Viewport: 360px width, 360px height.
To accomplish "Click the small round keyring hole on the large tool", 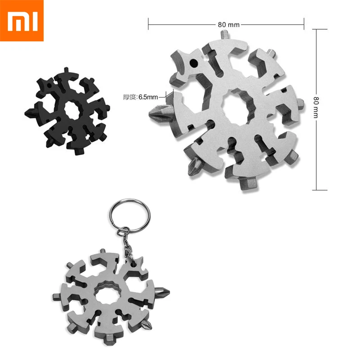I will (194, 62).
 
